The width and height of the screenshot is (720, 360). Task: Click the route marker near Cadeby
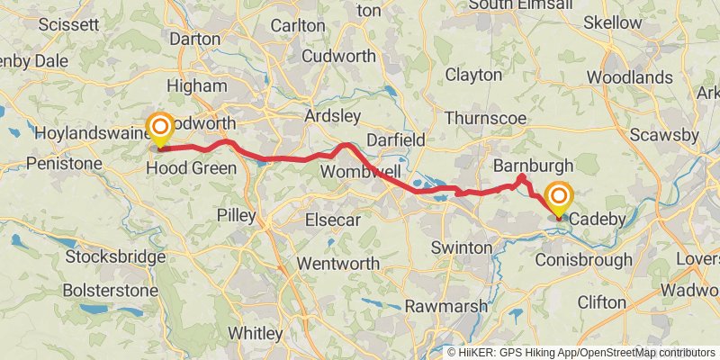[559, 200]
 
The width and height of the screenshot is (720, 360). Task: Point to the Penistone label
[65, 164]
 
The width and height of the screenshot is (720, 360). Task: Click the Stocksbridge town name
[115, 257]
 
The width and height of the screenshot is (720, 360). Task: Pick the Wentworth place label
[337, 264]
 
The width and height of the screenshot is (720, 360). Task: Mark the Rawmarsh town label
[445, 306]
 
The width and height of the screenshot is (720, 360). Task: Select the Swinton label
[462, 247]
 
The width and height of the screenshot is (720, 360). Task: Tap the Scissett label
[68, 24]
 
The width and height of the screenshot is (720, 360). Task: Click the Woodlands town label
[629, 77]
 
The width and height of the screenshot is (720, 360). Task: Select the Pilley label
[238, 217]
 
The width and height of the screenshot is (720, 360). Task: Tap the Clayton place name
[473, 75]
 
